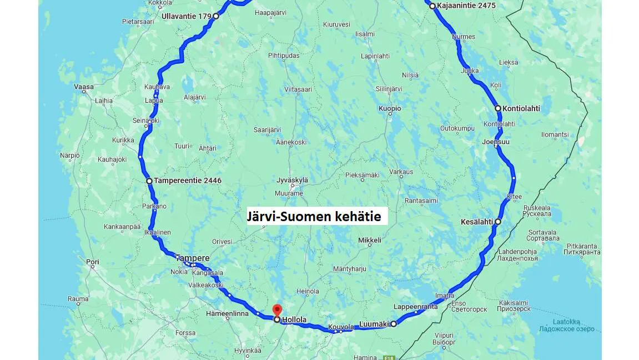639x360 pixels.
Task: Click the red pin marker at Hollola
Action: tap(278, 310)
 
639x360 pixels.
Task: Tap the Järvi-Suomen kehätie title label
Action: tap(314, 217)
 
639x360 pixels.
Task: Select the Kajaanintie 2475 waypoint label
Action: tap(466, 6)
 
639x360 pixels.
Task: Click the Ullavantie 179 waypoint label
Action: tap(187, 16)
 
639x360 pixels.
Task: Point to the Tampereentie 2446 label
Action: tap(188, 181)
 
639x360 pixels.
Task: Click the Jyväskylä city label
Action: tap(292, 180)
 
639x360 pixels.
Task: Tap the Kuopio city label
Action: tap(390, 108)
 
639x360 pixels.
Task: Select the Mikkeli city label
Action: tap(370, 241)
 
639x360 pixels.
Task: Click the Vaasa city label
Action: tap(84, 87)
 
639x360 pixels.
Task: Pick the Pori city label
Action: tap(92, 262)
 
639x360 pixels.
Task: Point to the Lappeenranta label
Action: tap(415, 307)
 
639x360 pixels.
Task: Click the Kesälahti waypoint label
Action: tap(477, 222)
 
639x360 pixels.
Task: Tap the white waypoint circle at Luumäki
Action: tap(394, 324)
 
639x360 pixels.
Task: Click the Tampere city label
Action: tap(193, 258)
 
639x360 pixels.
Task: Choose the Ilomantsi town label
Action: tap(555, 134)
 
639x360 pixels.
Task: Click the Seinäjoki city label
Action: tap(146, 121)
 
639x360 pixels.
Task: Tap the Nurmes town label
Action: tap(464, 37)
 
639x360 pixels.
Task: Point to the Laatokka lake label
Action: tap(566, 322)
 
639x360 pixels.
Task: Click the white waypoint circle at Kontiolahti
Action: tap(498, 108)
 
